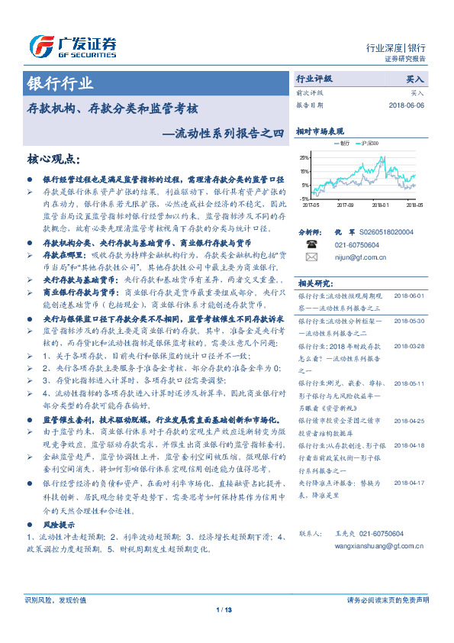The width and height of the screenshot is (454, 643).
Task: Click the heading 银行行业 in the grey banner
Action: pyautogui.click(x=60, y=83)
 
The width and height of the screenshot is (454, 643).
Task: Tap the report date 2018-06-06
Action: pyautogui.click(x=407, y=105)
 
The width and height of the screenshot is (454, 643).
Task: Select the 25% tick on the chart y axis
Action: pyautogui.click(x=305, y=157)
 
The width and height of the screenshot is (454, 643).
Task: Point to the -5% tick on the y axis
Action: pyautogui.click(x=306, y=199)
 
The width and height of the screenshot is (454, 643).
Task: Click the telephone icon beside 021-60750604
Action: pyautogui.click(x=311, y=244)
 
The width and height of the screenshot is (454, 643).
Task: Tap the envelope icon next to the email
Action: pyautogui.click(x=311, y=258)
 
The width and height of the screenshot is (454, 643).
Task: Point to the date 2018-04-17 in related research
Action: pyautogui.click(x=409, y=483)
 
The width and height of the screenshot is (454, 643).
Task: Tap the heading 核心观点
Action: pyautogui.click(x=53, y=159)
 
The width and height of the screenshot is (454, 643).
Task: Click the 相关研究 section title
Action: pyautogui.click(x=314, y=282)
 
